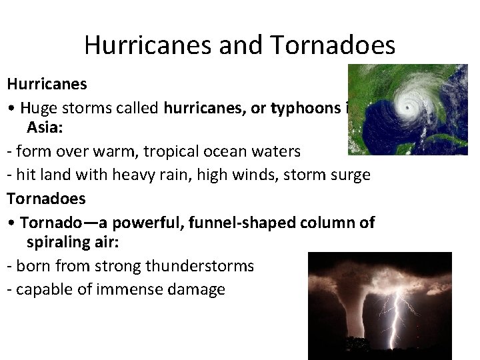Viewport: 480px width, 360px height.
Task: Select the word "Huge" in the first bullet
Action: coord(40,109)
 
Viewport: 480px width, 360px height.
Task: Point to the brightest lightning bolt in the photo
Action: coord(400,313)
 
